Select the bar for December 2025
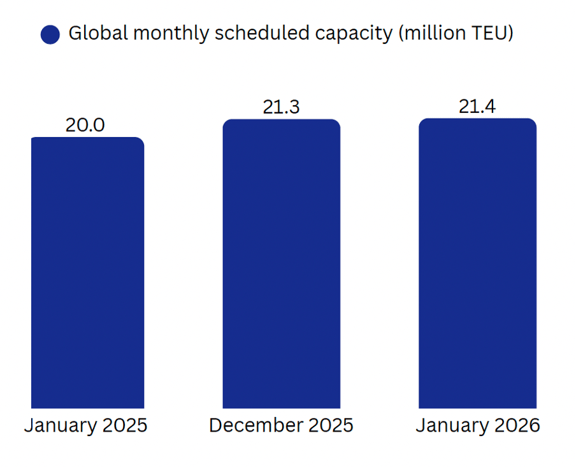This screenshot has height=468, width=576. [x=281, y=264]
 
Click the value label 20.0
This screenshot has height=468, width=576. [x=85, y=125]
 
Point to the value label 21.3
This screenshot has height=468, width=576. [x=281, y=107]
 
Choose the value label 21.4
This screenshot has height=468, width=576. [x=477, y=106]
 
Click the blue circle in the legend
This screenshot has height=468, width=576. [x=50, y=34]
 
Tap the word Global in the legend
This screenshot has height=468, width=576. [x=94, y=33]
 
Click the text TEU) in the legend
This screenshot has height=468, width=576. [x=491, y=34]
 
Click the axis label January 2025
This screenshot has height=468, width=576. [x=86, y=426]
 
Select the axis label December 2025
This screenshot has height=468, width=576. [x=281, y=425]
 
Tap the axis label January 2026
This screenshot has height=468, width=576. [x=478, y=426]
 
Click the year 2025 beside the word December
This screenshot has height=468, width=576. [x=329, y=425]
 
